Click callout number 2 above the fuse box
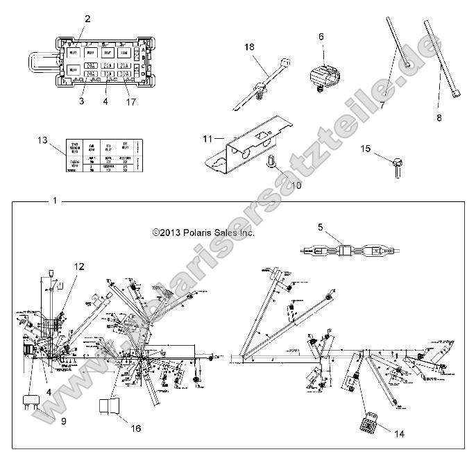[87, 19]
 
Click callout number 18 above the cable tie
[250, 47]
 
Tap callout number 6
[321, 37]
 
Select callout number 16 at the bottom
[136, 429]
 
